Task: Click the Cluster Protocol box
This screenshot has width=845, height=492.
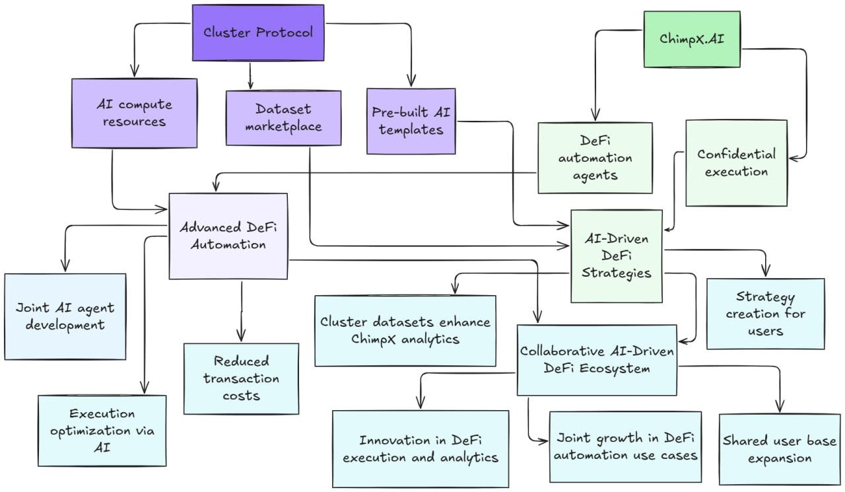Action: (x=258, y=32)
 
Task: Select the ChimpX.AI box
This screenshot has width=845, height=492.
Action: (x=692, y=39)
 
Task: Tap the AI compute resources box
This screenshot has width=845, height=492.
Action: (x=134, y=113)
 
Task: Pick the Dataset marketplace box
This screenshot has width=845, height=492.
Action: (x=283, y=118)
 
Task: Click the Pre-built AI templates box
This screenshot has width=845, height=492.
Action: (x=411, y=121)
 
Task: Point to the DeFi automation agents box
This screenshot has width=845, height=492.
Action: (x=595, y=158)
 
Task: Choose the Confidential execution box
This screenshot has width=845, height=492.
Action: (x=736, y=163)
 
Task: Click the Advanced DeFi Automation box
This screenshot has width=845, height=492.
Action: (x=228, y=236)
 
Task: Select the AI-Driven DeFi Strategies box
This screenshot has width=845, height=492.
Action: (x=617, y=256)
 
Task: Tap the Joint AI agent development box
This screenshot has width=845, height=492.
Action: (x=65, y=316)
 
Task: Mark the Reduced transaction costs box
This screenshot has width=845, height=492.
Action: (x=241, y=378)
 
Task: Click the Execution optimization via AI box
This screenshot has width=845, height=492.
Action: (x=102, y=431)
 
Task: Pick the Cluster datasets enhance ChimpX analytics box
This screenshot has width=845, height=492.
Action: (x=405, y=330)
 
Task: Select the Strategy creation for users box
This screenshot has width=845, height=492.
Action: (x=765, y=314)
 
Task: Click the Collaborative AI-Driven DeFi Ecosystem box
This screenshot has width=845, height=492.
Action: (x=597, y=360)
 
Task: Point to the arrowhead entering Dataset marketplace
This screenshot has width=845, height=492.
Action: (x=250, y=85)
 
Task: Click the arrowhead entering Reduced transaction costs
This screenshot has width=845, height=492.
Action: (x=241, y=337)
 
